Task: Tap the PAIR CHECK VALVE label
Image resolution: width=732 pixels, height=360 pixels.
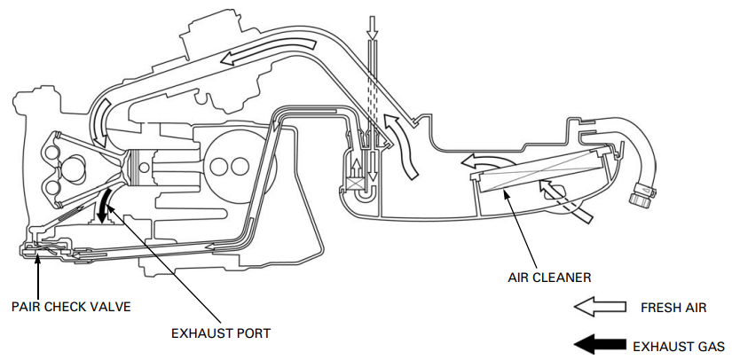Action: [x=71, y=307]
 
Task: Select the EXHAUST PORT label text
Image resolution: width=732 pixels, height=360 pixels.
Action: [x=221, y=333]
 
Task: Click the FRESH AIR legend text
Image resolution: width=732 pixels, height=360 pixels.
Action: [x=673, y=308]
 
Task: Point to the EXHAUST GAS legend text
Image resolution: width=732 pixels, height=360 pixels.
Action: [x=680, y=345]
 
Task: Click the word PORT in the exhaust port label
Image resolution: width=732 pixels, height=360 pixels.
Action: [x=252, y=333]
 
